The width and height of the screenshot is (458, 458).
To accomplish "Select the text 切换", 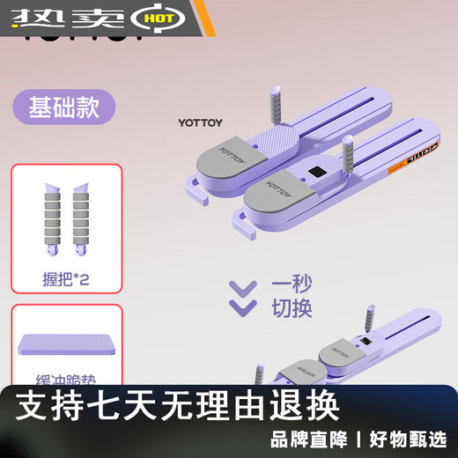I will click(284, 309).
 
